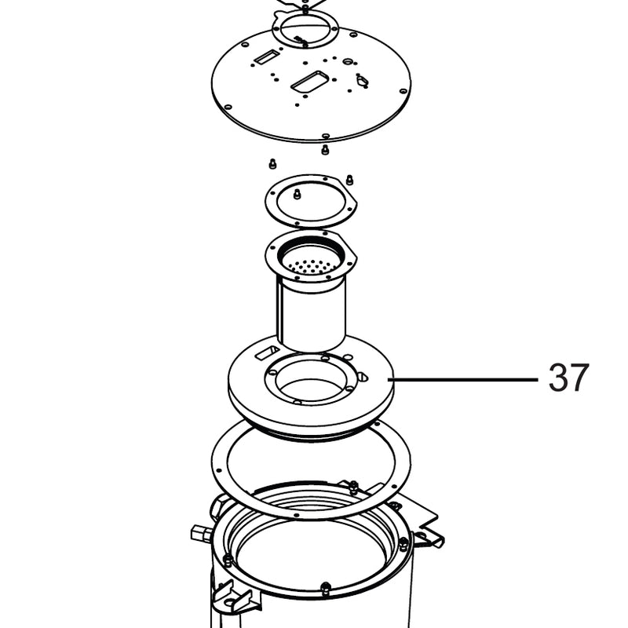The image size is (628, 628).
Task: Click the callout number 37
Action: pyautogui.click(x=568, y=378)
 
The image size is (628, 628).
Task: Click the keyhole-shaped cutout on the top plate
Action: pyautogui.click(x=362, y=81)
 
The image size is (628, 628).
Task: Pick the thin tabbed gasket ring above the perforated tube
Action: pyautogui.click(x=311, y=200)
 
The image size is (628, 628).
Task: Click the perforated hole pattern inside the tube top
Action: pyautogui.click(x=311, y=266)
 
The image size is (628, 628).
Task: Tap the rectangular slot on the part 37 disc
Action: pyautogui.click(x=268, y=352)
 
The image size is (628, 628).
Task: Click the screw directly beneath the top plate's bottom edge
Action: pyautogui.click(x=325, y=150)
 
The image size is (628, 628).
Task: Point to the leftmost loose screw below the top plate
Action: pyautogui.click(x=272, y=164)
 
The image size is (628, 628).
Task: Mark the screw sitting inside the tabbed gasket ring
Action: pyautogui.click(x=297, y=194)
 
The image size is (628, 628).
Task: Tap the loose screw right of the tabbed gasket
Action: pyautogui.click(x=349, y=180)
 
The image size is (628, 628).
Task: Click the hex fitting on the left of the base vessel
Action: pyautogui.click(x=199, y=533)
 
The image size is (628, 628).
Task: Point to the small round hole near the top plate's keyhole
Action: pyautogui.click(x=347, y=61)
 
